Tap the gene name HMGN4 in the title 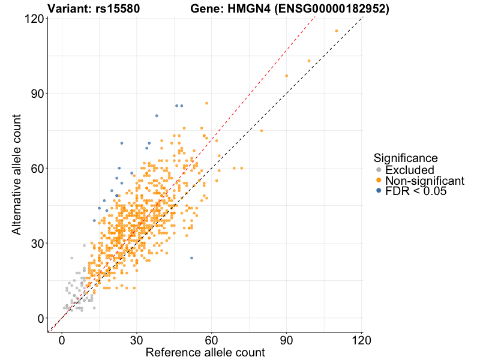(241, 9)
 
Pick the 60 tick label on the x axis (211, 340)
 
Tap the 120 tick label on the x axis (361, 340)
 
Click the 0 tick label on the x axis (62, 340)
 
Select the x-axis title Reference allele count (205, 352)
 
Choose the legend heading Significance (405, 158)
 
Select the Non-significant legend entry (425, 181)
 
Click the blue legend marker (378, 191)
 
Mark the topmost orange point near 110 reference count (337, 31)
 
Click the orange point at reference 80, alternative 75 (262, 131)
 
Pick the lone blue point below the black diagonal (192, 258)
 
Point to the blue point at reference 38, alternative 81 (157, 116)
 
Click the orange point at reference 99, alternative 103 (309, 61)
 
